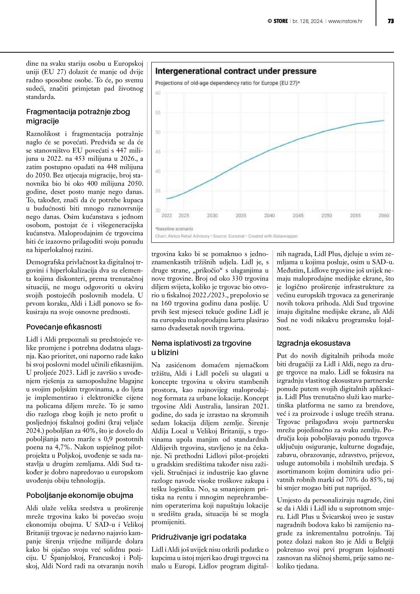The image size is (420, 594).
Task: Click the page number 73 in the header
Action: [x=391, y=21]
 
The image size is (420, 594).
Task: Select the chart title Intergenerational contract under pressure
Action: [x=235, y=71]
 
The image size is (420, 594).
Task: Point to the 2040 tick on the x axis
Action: [x=269, y=215]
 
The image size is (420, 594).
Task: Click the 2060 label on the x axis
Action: [x=384, y=215]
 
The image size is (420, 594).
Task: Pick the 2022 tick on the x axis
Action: [x=167, y=215]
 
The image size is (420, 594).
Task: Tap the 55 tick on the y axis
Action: [x=158, y=113]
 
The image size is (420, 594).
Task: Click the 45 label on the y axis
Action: [x=158, y=152]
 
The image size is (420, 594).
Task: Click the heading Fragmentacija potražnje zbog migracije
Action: [x=78, y=116]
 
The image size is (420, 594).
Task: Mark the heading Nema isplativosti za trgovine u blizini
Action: [x=201, y=348]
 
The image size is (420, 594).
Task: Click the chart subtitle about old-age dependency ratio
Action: [x=227, y=83]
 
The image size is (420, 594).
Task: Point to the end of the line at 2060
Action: [x=384, y=120]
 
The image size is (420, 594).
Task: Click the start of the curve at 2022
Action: [x=167, y=199]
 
